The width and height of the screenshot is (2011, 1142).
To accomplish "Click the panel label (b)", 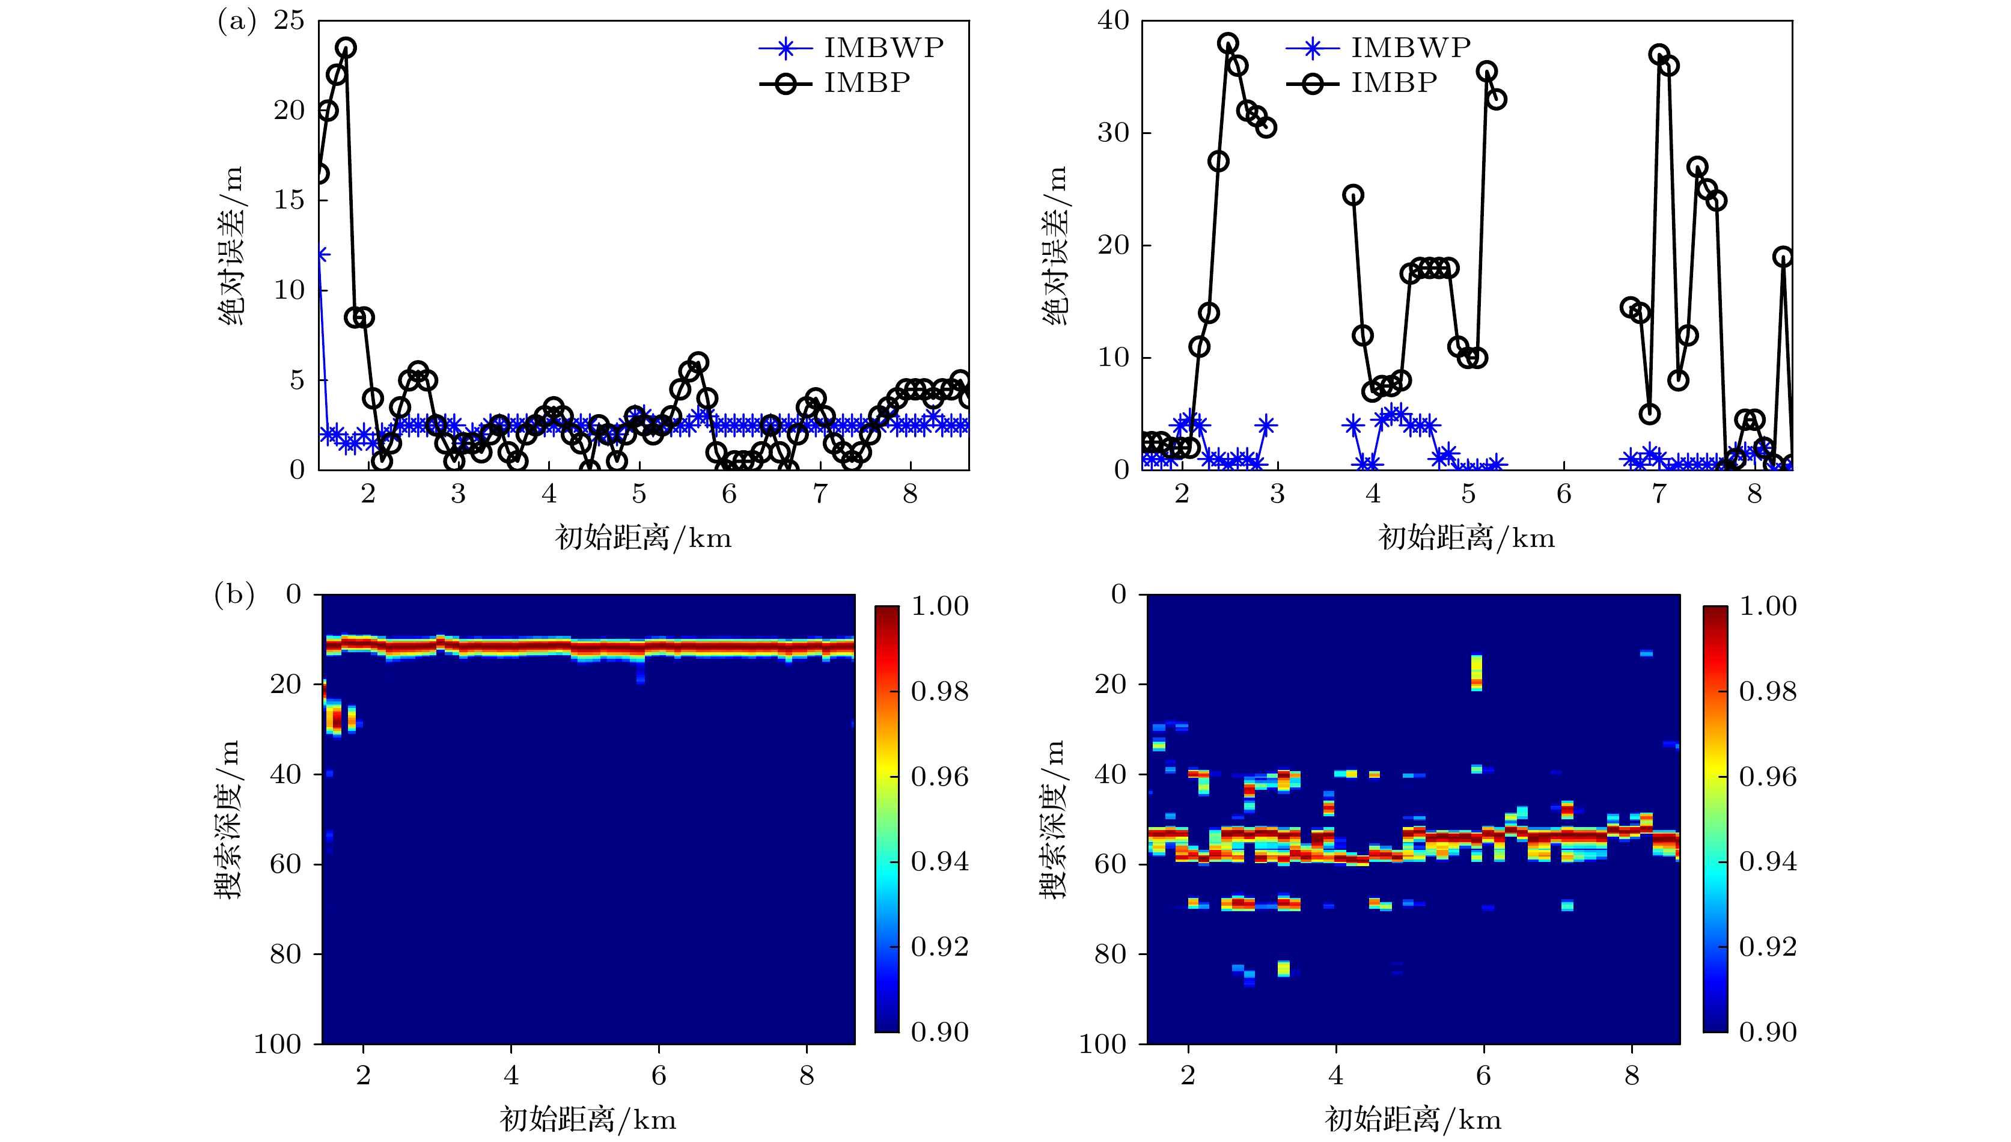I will (234, 594).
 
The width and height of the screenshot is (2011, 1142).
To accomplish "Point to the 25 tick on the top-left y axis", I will (288, 20).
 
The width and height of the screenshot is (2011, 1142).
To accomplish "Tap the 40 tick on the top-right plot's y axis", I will (1113, 20).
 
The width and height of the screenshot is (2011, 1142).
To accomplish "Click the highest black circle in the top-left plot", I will (346, 48).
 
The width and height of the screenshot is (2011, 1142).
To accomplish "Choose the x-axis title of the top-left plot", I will (643, 538).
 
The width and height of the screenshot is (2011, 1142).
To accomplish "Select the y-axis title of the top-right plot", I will (1055, 245).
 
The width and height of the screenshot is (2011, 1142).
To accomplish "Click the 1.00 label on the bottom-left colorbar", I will (939, 606).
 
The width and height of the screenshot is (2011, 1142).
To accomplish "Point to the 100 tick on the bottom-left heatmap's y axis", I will (278, 1044).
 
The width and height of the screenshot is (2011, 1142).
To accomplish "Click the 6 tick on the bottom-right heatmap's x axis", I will (1483, 1075).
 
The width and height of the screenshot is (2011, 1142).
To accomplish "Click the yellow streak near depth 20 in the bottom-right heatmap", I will (1477, 672).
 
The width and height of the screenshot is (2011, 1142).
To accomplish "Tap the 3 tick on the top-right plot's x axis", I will (1277, 494).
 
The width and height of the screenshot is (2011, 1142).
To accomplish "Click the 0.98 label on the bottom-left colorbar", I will (939, 692).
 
